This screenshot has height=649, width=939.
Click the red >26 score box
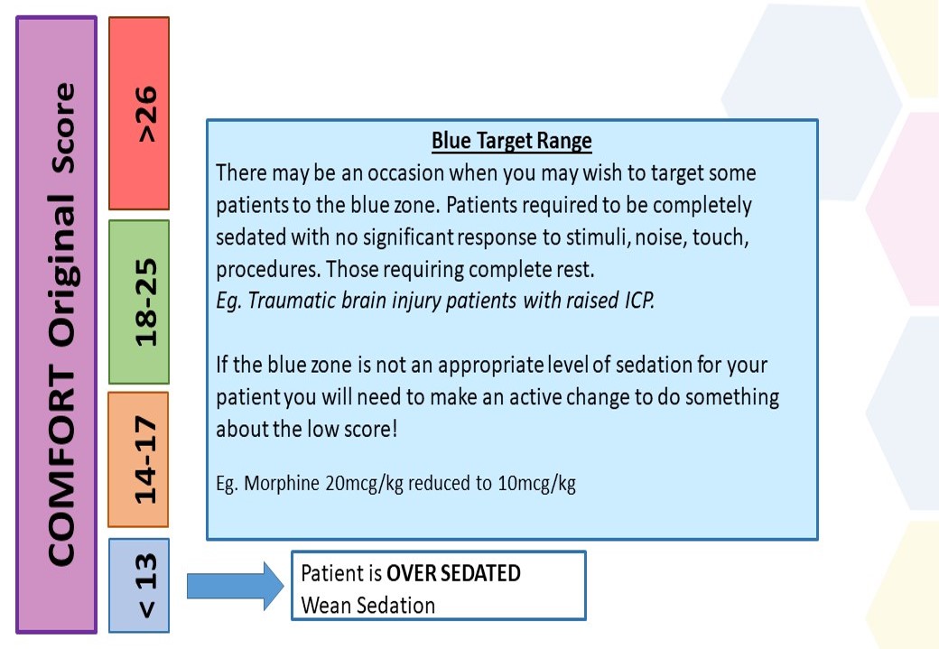pyautogui.click(x=139, y=113)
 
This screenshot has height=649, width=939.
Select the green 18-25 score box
pyautogui.click(x=139, y=301)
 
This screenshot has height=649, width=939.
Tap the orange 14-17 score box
pyautogui.click(x=138, y=459)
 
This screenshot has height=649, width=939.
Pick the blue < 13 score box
pyautogui.click(x=139, y=585)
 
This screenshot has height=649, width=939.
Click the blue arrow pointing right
pyautogui.click(x=236, y=586)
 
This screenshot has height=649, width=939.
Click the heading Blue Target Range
pyautogui.click(x=511, y=141)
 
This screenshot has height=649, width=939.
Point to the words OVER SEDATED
pyautogui.click(x=453, y=573)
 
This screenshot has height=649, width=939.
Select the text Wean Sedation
pyautogui.click(x=367, y=606)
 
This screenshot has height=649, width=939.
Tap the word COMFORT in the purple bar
pyautogui.click(x=61, y=465)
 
